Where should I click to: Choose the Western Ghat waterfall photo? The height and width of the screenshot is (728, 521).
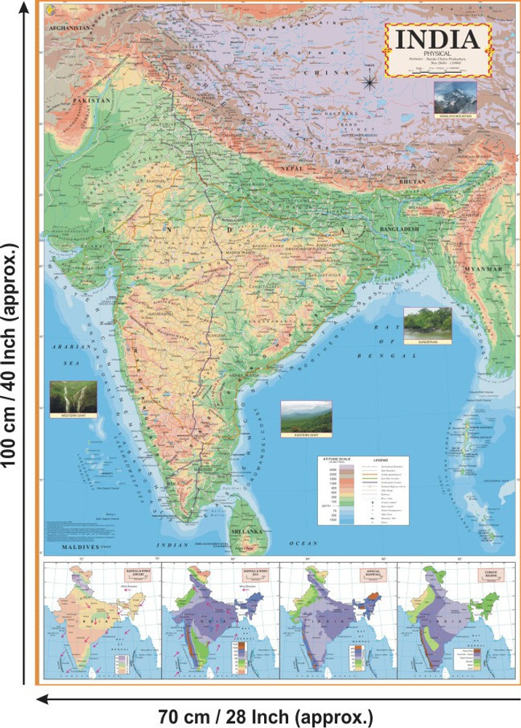point(73,399)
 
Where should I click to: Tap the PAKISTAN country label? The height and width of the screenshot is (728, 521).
point(91,99)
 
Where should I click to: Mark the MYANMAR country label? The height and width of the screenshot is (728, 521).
point(482,269)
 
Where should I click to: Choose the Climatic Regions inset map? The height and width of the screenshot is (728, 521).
point(455,622)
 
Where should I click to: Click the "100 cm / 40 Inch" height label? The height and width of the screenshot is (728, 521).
point(12,364)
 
